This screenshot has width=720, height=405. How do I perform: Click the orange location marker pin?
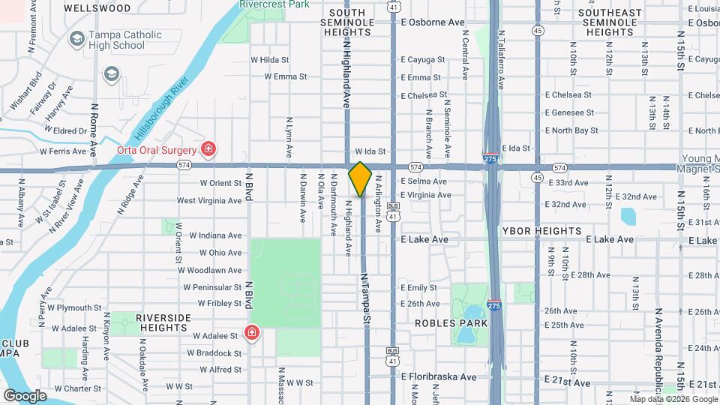point(360,178)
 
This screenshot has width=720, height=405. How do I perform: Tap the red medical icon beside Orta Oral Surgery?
point(208,148)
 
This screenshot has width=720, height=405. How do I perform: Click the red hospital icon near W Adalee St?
point(252,332)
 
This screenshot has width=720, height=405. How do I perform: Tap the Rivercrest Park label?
point(274,4)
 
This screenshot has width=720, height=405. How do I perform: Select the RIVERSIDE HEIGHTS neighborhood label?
point(172,323)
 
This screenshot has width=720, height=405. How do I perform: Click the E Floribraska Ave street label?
point(439,376)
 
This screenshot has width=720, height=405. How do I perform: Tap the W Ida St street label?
point(370,151)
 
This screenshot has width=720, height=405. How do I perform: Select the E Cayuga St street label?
point(423,59)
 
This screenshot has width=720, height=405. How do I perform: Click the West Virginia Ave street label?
point(209,200)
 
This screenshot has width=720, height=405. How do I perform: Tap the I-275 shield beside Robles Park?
point(493,306)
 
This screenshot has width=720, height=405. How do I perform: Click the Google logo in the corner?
point(25,395)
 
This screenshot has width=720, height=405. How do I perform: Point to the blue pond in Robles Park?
point(472,313)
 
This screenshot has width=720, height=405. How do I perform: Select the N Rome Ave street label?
point(94,129)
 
